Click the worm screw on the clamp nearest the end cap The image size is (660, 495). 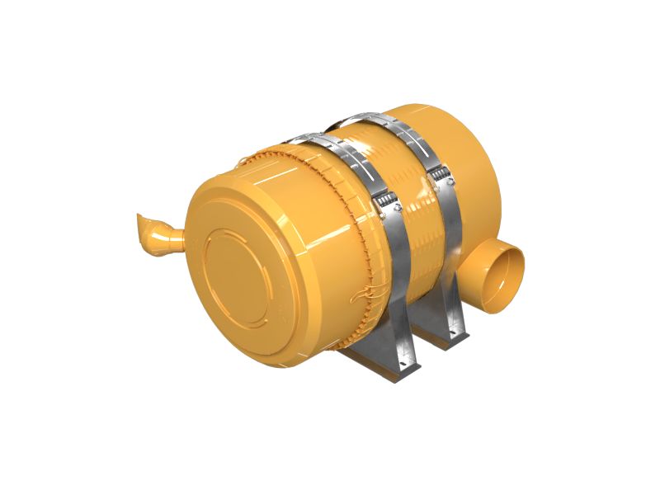381,202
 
